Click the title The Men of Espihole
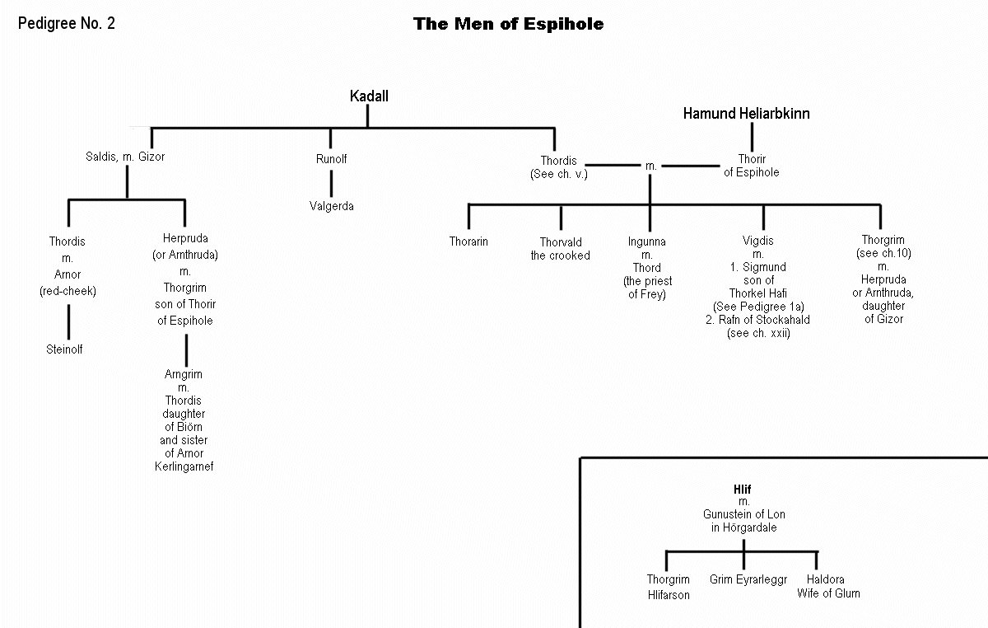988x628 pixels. click(x=508, y=25)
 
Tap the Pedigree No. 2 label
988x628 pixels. click(x=67, y=23)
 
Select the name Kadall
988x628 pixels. click(x=368, y=96)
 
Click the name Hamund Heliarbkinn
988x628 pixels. click(x=746, y=114)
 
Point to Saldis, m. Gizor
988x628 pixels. click(x=125, y=157)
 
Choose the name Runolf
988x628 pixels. click(x=331, y=159)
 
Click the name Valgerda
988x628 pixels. click(x=331, y=206)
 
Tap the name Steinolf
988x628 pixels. click(x=65, y=349)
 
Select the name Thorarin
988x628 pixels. click(x=468, y=242)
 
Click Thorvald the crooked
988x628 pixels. click(x=560, y=249)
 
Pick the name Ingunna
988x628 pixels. click(x=647, y=242)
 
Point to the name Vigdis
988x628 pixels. click(x=758, y=241)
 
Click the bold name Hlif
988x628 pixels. click(x=743, y=489)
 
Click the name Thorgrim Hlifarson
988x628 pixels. click(x=668, y=587)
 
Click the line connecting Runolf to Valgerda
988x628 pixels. click(x=331, y=182)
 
